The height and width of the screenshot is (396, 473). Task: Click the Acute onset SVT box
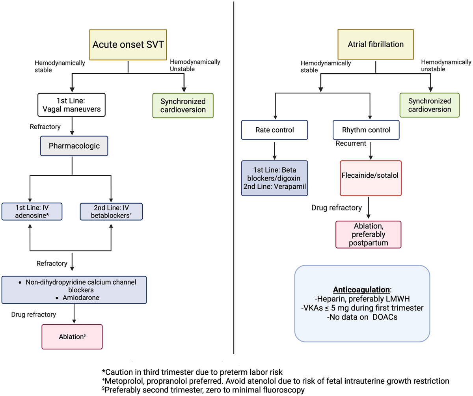pyautogui.click(x=128, y=45)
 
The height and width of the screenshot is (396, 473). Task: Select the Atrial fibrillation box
pyautogui.click(x=375, y=45)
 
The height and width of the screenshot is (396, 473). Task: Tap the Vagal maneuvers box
pyautogui.click(x=72, y=105)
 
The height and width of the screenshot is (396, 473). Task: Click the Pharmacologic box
pyautogui.click(x=74, y=146)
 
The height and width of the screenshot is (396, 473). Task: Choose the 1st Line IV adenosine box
pyautogui.click(x=32, y=212)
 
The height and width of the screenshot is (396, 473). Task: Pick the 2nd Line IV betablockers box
pyautogui.click(x=111, y=212)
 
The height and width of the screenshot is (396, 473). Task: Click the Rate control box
pyautogui.click(x=275, y=130)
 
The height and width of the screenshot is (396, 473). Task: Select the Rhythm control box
pyautogui.click(x=366, y=130)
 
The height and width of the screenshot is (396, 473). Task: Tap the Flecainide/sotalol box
pyautogui.click(x=371, y=178)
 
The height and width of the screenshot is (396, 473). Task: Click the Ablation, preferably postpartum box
pyautogui.click(x=368, y=234)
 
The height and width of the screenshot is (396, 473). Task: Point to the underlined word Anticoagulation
pyautogui.click(x=361, y=290)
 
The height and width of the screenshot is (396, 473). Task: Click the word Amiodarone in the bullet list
pyautogui.click(x=81, y=297)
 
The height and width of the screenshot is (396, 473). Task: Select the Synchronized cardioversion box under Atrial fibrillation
pyautogui.click(x=430, y=105)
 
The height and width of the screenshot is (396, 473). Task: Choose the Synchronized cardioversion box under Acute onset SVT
pyautogui.click(x=183, y=106)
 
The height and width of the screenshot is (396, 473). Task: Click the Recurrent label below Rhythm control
pyautogui.click(x=351, y=143)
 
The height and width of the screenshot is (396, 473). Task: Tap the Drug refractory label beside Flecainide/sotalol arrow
pyautogui.click(x=337, y=208)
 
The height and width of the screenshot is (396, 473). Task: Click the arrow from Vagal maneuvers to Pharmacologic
pyautogui.click(x=72, y=126)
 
